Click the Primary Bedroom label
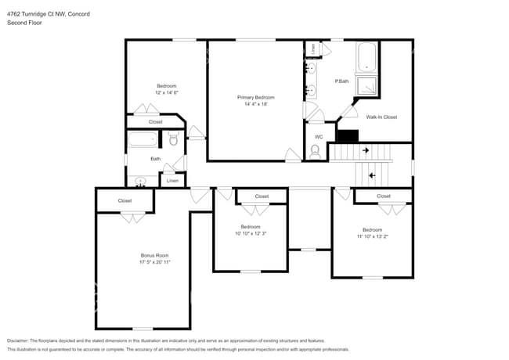(x=256, y=97)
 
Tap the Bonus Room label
(x=155, y=256)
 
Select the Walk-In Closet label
(x=381, y=117)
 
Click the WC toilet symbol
(x=315, y=152)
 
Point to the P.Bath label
(x=341, y=81)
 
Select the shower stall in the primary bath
(x=366, y=85)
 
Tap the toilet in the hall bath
(x=173, y=139)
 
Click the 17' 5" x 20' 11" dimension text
(x=155, y=262)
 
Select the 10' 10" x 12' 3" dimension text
(x=255, y=233)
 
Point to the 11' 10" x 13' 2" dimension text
(x=373, y=236)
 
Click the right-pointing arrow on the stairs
(x=365, y=150)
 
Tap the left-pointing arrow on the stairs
(x=372, y=175)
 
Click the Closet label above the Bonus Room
(x=125, y=201)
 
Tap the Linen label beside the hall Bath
(x=172, y=181)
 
